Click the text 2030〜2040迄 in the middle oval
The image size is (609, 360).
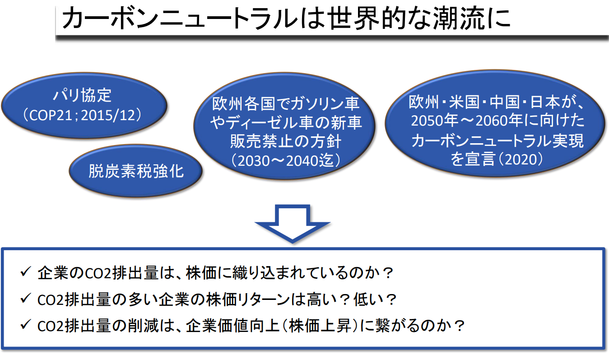[285, 161]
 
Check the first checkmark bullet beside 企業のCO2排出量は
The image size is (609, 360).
[25, 273]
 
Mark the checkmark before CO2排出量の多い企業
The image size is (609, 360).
[25, 299]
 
